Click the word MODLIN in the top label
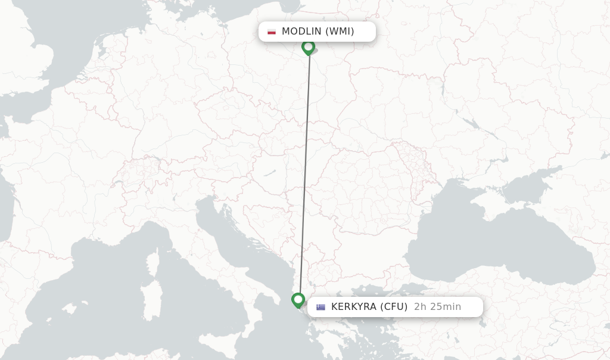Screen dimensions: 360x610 tap(301, 32)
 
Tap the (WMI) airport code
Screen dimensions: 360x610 tap(340, 32)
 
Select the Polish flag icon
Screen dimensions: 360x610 tap(272, 32)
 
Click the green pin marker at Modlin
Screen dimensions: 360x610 tap(308, 47)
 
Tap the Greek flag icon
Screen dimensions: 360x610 tap(321, 308)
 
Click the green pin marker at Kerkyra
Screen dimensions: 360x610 tap(298, 300)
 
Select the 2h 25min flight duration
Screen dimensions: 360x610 tap(437, 307)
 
